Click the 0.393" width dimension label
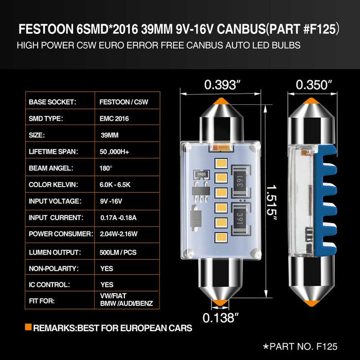pyautogui.click(x=223, y=84)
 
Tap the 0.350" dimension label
pyautogui.click(x=314, y=84)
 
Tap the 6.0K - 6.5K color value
pyautogui.click(x=116, y=185)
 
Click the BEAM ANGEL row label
pyautogui.click(x=51, y=168)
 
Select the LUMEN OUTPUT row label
pyautogui.click(x=55, y=252)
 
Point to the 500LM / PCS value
pyautogui.click(x=118, y=252)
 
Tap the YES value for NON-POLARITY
pyautogui.click(x=107, y=268)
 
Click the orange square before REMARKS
pyautogui.click(x=28, y=327)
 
